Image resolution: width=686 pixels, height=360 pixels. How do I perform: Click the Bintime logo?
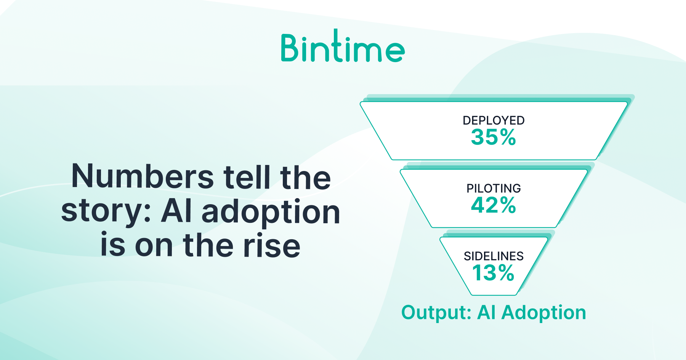click(343, 46)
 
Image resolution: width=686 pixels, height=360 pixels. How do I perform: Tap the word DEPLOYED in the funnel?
click(494, 120)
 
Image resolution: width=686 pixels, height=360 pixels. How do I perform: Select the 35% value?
click(494, 137)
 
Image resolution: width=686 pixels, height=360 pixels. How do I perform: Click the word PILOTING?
click(494, 188)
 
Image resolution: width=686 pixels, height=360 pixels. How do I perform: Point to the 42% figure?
click(494, 205)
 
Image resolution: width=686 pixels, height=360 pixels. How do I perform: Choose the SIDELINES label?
click(494, 256)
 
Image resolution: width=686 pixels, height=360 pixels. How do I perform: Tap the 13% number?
click(494, 273)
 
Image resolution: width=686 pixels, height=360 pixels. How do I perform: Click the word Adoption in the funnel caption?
click(544, 313)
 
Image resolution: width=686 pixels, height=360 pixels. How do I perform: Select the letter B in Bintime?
click(289, 48)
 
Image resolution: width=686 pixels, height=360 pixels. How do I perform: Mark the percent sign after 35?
click(508, 137)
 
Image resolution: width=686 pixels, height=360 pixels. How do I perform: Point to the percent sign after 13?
click(506, 273)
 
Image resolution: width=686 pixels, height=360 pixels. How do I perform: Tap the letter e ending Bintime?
click(395, 52)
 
